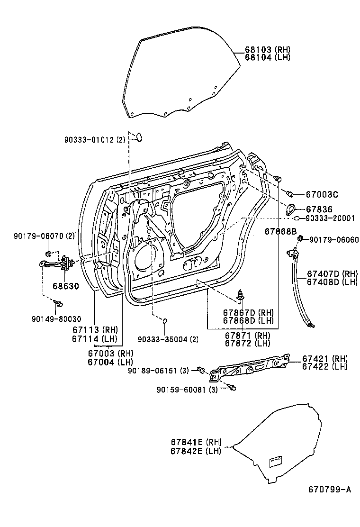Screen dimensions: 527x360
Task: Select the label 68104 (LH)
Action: click(267, 57)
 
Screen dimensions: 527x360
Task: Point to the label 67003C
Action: click(322, 194)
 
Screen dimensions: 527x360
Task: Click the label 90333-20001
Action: click(330, 218)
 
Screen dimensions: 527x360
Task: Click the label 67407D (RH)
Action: click(332, 273)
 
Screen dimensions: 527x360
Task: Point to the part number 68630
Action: click(65, 286)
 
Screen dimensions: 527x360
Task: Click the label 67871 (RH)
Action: click(247, 336)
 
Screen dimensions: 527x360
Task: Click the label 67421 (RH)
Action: click(324, 359)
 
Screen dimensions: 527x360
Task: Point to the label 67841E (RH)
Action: click(196, 442)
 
